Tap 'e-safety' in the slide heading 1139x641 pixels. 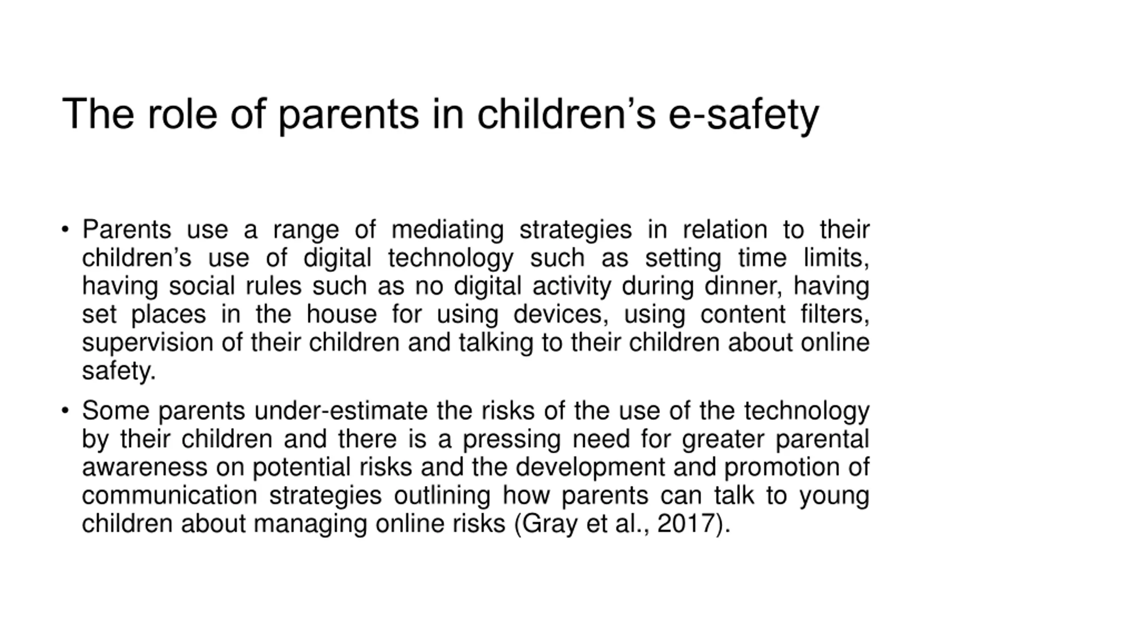pyautogui.click(x=743, y=115)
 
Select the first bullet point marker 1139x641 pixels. pyautogui.click(x=65, y=230)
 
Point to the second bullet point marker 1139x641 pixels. pyautogui.click(x=65, y=410)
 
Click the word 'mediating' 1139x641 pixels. pyautogui.click(x=447, y=231)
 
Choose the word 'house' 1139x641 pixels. pyautogui.click(x=341, y=314)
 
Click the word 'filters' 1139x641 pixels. pyautogui.click(x=835, y=314)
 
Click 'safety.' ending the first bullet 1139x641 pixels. pyautogui.click(x=119, y=371)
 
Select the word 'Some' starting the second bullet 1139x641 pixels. pyautogui.click(x=115, y=410)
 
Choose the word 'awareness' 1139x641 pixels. pyautogui.click(x=145, y=467)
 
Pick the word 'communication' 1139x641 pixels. pyautogui.click(x=170, y=495)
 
